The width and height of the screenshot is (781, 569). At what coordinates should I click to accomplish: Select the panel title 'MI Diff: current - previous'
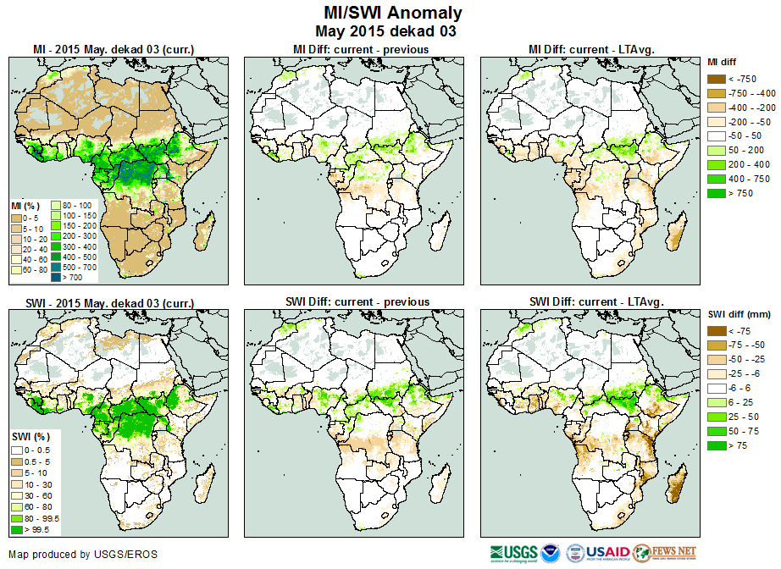tap(360, 49)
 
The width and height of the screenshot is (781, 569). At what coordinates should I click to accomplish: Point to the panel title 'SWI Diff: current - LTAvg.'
tap(595, 301)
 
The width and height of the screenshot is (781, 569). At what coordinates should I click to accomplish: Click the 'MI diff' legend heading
tap(723, 62)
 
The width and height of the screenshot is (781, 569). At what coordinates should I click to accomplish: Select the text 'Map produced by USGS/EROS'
tap(82, 555)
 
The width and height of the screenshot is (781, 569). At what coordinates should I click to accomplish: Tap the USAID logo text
tap(608, 552)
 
